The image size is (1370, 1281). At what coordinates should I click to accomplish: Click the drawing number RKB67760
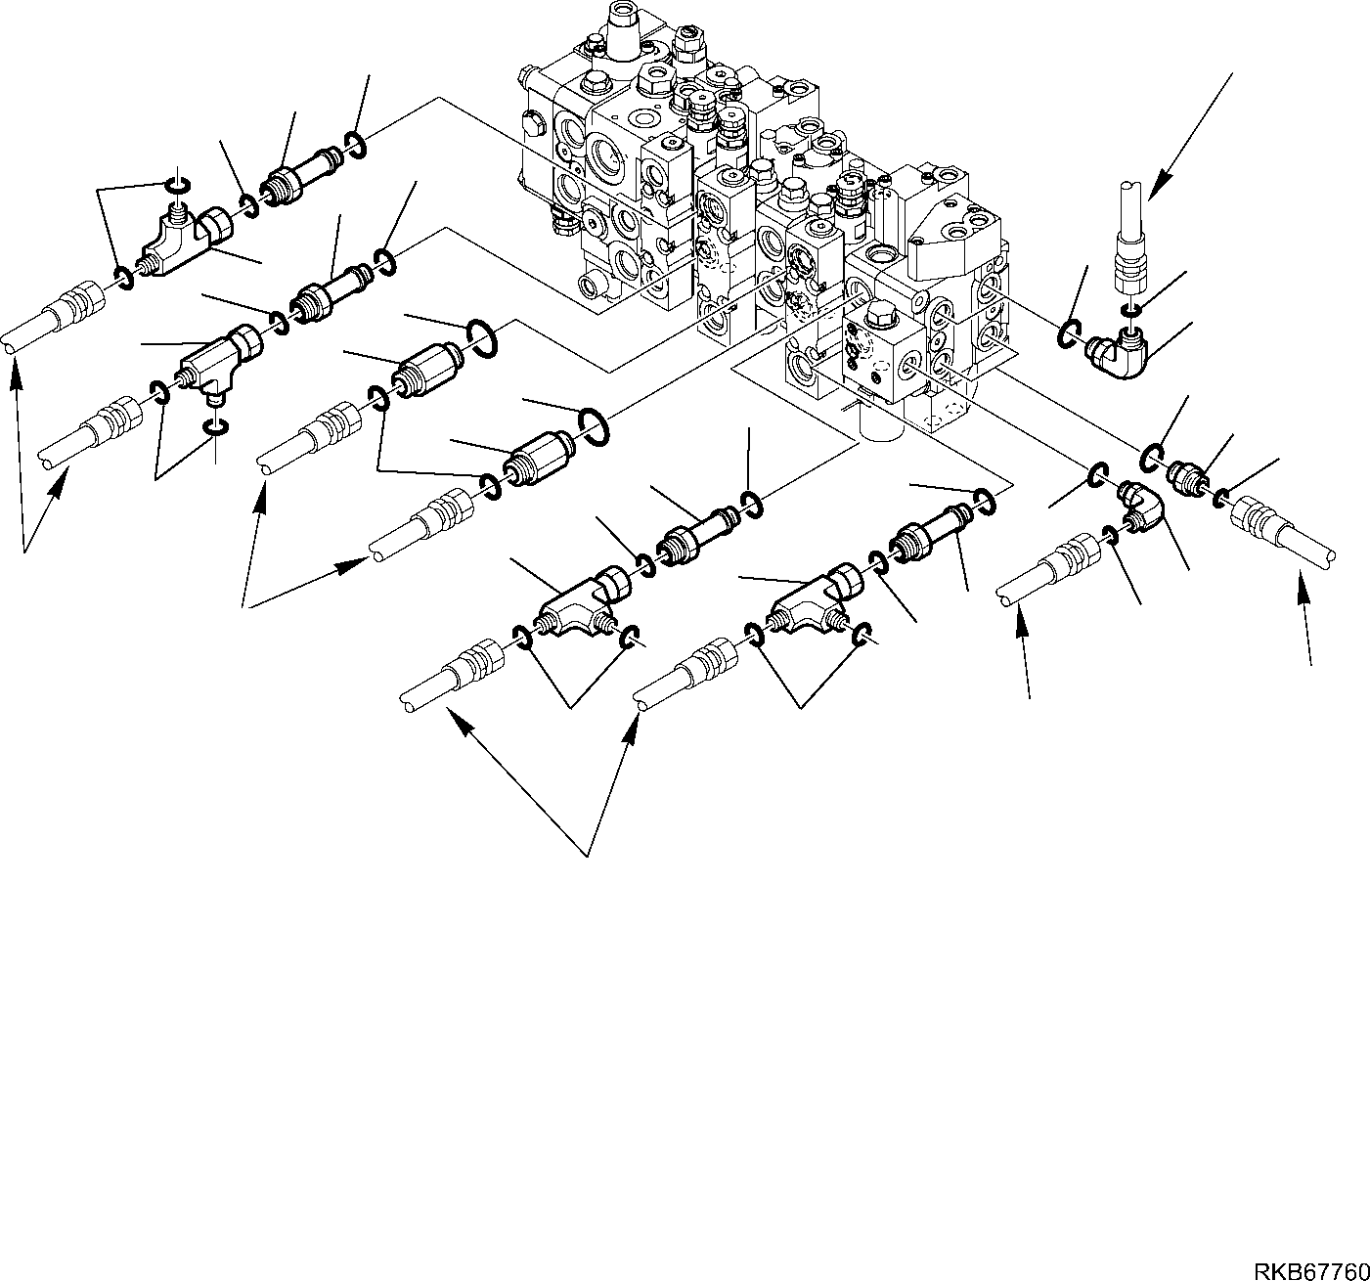click(x=1311, y=1270)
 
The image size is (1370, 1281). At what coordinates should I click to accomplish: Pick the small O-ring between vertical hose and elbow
click(x=1131, y=310)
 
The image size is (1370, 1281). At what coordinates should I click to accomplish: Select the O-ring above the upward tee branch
click(x=176, y=185)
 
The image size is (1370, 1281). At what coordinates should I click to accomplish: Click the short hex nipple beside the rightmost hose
click(x=1186, y=478)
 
